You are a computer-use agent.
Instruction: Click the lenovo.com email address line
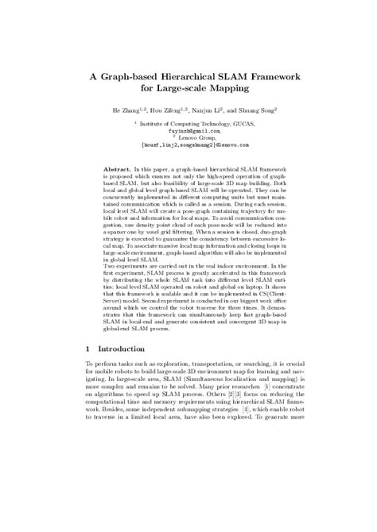coord(188,145)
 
